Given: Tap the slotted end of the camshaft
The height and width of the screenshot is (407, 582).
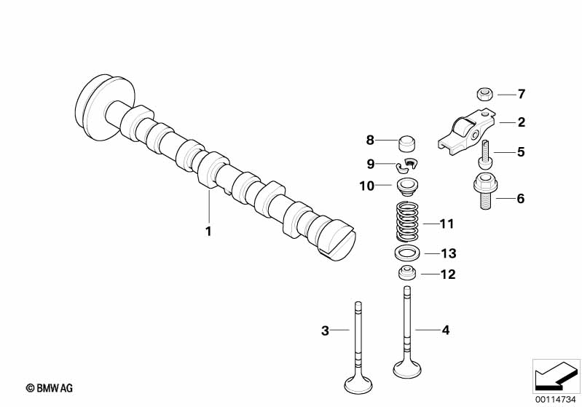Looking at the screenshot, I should coord(337,241).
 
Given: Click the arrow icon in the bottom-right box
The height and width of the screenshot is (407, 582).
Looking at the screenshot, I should coord(555,376).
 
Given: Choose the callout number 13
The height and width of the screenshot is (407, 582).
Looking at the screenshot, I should coord(448,253).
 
